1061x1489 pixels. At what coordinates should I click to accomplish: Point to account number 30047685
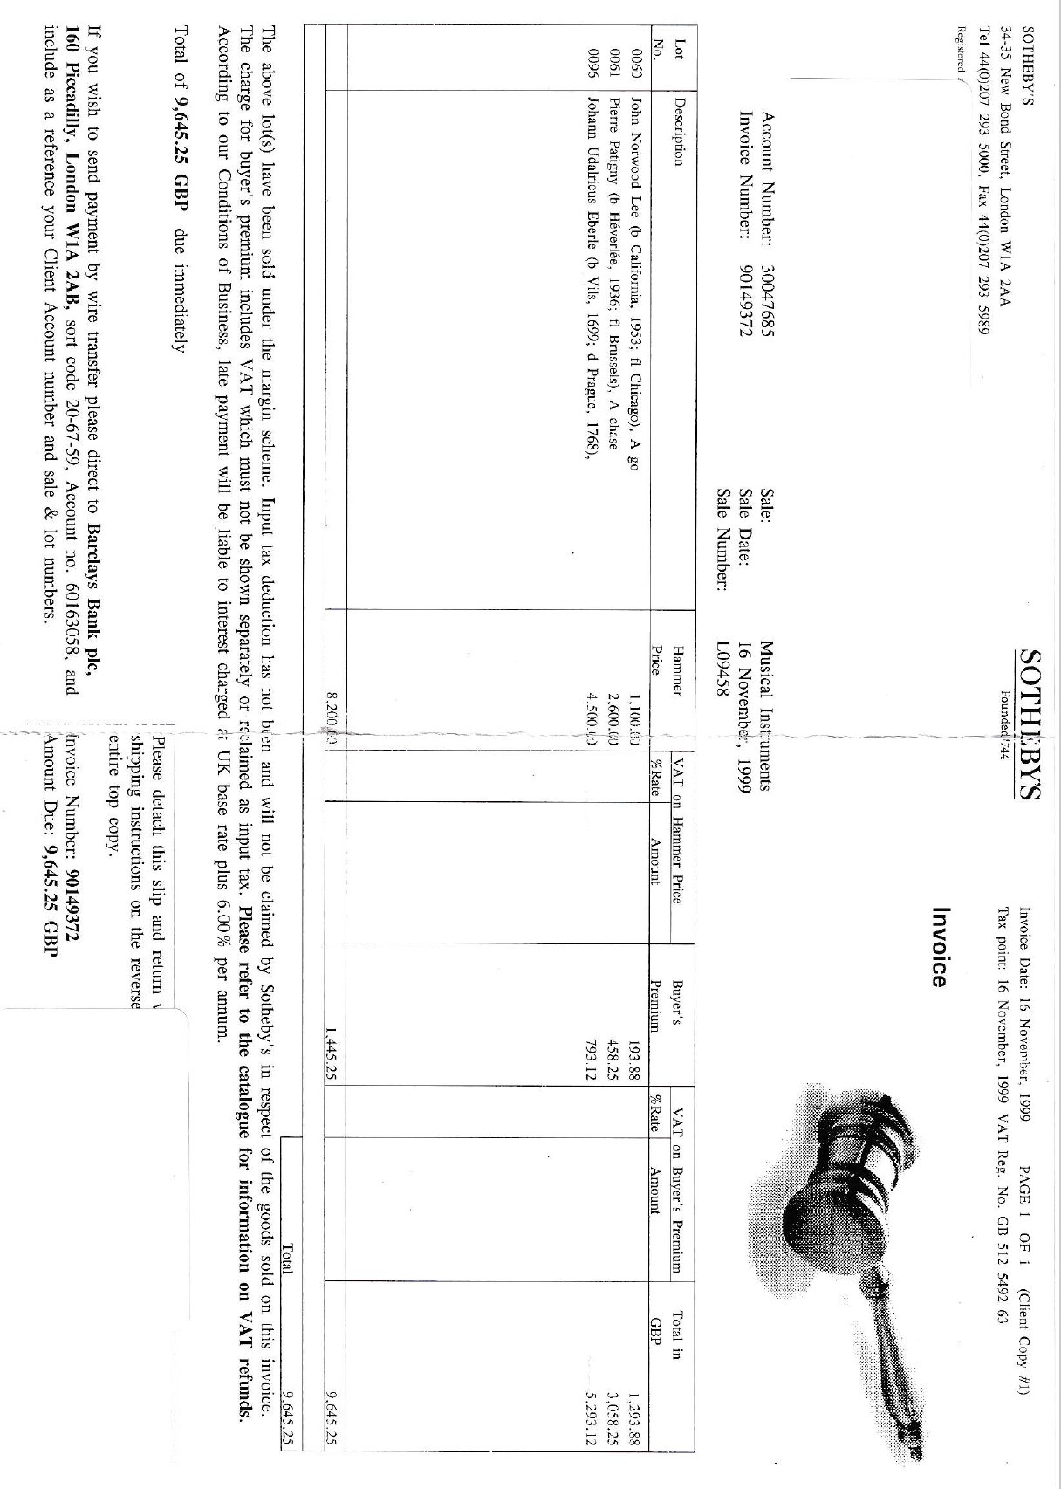768,292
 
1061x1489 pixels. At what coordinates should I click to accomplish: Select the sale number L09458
722,671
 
